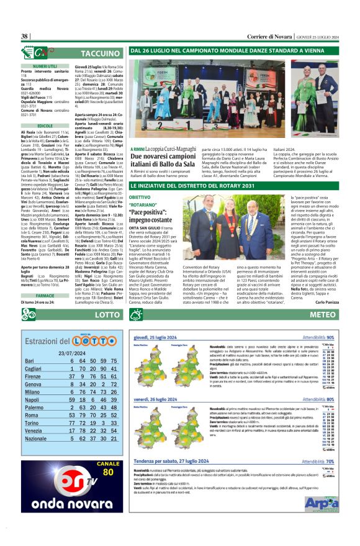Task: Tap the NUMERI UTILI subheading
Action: click(45, 66)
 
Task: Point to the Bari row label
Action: click(29, 361)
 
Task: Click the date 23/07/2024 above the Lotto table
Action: click(71, 352)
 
